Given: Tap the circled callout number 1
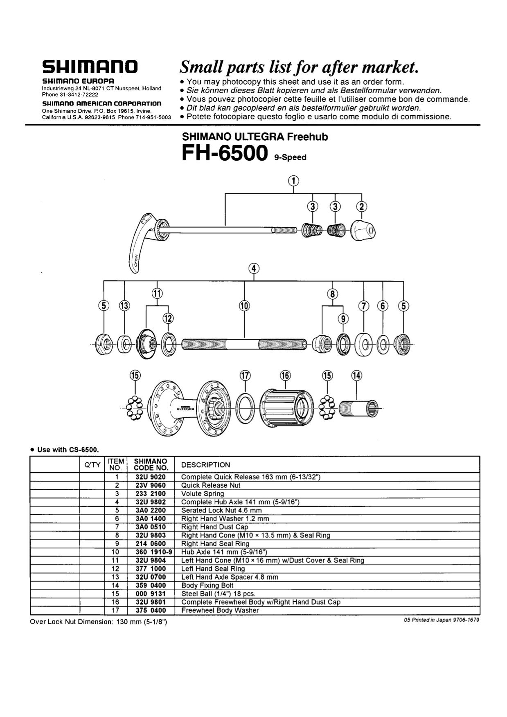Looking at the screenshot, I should pyautogui.click(x=293, y=181).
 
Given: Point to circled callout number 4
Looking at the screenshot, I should pyautogui.click(x=254, y=269).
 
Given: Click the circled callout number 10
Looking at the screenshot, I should pyautogui.click(x=244, y=306).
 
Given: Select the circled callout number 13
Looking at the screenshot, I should pyautogui.click(x=124, y=306).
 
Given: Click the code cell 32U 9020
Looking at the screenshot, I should pyautogui.click(x=151, y=477).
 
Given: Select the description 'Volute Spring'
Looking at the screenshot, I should pyautogui.click(x=203, y=494).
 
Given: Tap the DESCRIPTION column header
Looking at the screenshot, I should pyautogui.click(x=205, y=465).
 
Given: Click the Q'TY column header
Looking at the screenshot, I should pyautogui.click(x=92, y=465).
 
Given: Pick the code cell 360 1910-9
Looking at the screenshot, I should pyautogui.click(x=153, y=552).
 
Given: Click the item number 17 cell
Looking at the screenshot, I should pyautogui.click(x=117, y=610).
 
